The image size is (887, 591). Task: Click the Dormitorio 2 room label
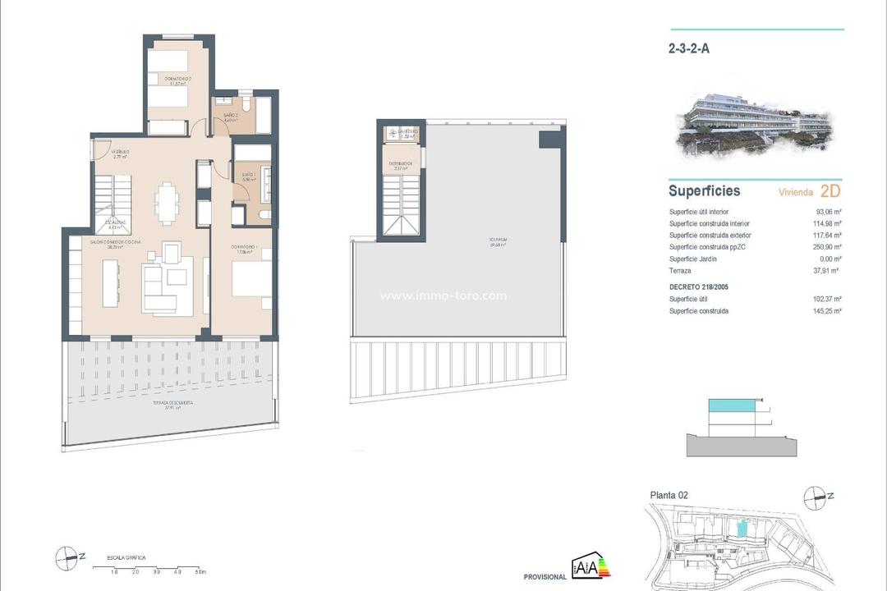(172, 80)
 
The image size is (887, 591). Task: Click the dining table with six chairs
(167, 202)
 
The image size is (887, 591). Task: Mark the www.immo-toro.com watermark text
(443, 296)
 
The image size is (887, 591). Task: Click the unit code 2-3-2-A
(689, 48)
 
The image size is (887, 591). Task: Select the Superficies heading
(704, 191)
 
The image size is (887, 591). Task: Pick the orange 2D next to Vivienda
(830, 191)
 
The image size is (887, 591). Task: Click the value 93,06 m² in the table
(828, 212)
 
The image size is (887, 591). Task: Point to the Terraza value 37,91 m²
(828, 270)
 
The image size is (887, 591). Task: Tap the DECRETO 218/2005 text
(699, 287)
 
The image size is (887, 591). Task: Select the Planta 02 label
(669, 495)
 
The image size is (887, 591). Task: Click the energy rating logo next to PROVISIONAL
(591, 568)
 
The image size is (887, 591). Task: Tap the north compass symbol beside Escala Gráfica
(67, 558)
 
